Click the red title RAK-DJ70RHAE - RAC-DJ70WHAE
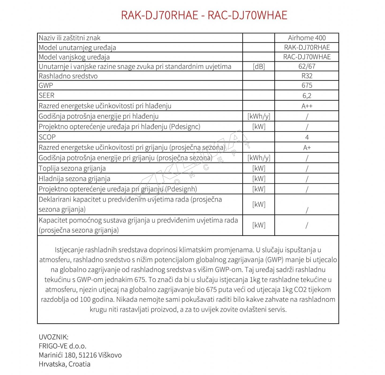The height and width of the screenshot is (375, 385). click(x=204, y=15)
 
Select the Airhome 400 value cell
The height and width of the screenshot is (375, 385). click(x=307, y=38)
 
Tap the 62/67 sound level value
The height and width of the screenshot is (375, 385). click(x=307, y=66)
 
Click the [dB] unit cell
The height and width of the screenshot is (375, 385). click(x=259, y=66)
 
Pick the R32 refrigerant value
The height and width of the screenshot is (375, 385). click(x=307, y=76)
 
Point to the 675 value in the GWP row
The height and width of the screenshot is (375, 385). click(x=307, y=85)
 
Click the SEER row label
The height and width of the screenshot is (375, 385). click(x=47, y=95)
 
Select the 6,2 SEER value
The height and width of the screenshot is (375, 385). click(x=307, y=96)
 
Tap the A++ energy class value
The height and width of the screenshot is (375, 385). click(x=307, y=106)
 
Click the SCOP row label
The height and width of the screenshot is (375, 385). click(x=47, y=137)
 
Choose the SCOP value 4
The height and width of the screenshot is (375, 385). click(x=307, y=137)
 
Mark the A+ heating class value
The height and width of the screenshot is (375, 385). click(x=307, y=148)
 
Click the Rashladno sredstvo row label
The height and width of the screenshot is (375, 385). click(x=68, y=76)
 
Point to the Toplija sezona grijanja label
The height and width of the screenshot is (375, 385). click(x=72, y=168)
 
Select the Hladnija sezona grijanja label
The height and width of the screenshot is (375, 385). click(x=74, y=179)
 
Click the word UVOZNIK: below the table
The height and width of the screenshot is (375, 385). click(x=54, y=337)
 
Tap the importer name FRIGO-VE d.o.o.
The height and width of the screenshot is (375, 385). click(x=62, y=346)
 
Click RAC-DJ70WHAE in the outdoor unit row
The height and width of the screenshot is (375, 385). click(x=307, y=57)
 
